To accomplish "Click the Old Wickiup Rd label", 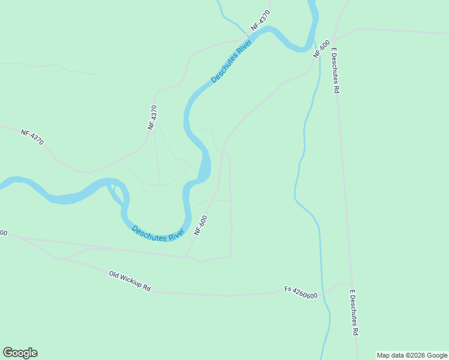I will [x=130, y=281].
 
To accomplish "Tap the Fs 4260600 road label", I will [x=301, y=292].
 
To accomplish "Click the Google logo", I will [x=20, y=352].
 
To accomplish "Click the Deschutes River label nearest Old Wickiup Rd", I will [x=158, y=233].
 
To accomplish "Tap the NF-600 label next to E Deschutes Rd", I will [x=321, y=48].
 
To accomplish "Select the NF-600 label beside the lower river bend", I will [x=201, y=225].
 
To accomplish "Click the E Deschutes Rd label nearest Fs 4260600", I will [x=355, y=313].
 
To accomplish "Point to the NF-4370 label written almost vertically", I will [x=153, y=118].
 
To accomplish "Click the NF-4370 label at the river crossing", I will [x=261, y=20].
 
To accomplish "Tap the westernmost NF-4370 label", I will [x=33, y=138].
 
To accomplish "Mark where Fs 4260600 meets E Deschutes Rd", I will [x=352, y=283].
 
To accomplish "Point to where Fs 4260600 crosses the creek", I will [x=324, y=293].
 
